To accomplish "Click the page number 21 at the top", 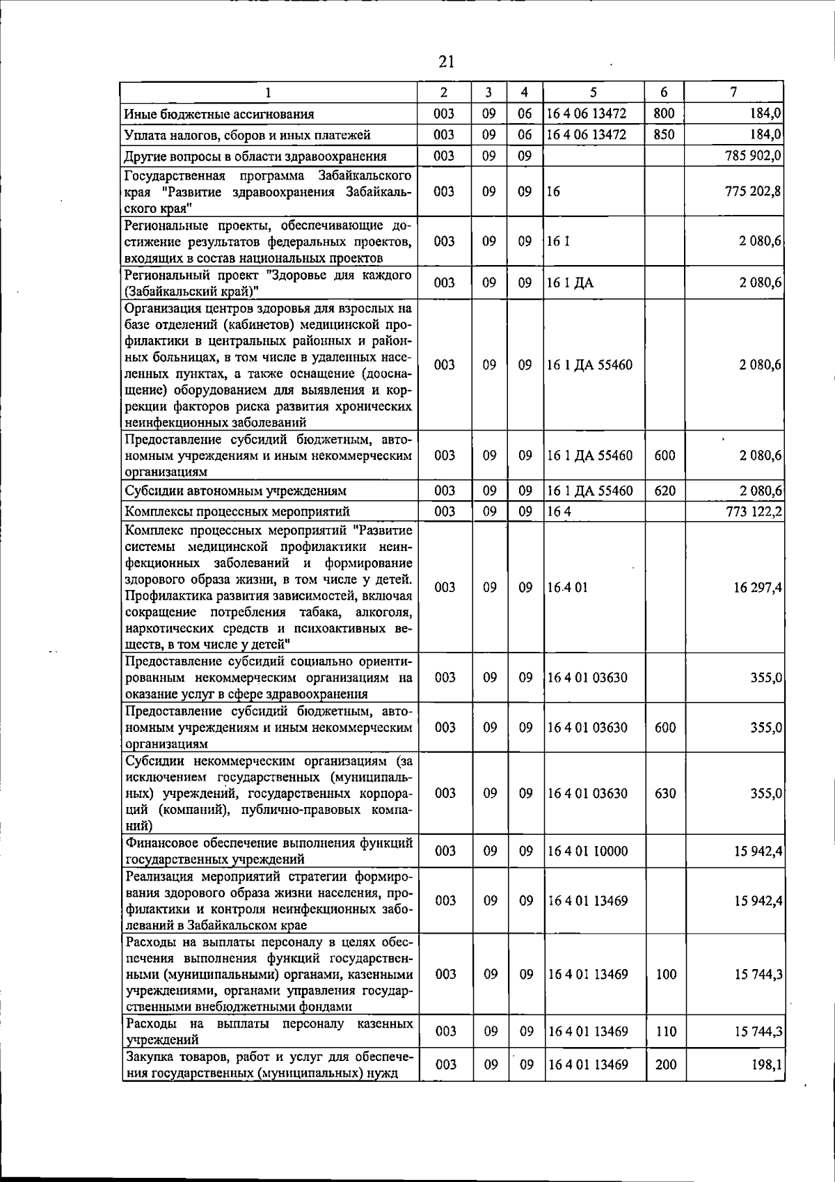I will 446,62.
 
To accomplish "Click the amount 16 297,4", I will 758,588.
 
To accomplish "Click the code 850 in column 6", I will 665,134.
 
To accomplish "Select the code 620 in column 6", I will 665,491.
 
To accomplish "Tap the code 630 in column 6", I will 665,794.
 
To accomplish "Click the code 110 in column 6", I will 666,1032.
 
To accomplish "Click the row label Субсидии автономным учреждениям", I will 235,491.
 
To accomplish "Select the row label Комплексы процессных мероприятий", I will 237,512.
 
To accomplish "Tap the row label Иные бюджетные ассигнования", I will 219,114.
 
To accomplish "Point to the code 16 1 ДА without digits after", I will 570,283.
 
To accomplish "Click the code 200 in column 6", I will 666,1084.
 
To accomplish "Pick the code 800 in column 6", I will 665,113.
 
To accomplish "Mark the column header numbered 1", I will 268,92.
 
